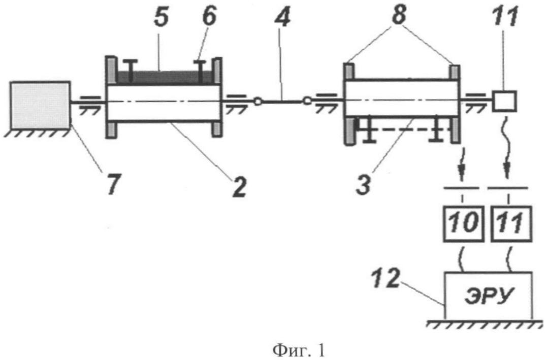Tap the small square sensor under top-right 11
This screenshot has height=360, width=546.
click(x=503, y=101)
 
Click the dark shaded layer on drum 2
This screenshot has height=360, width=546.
click(x=163, y=77)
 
